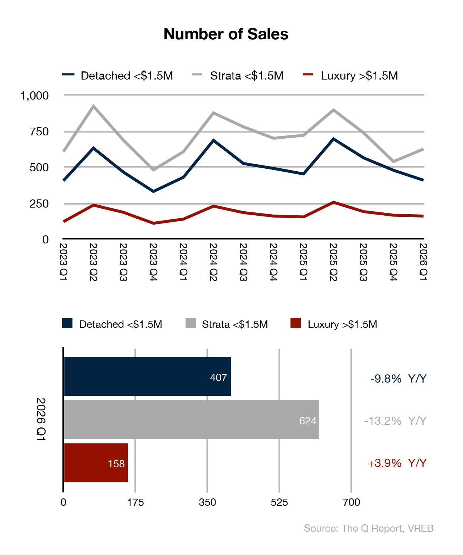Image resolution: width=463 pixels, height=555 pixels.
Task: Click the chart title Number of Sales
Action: [x=226, y=34]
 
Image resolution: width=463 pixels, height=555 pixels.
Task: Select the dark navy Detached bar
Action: [x=147, y=376]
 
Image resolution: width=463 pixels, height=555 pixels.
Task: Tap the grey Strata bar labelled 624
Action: [x=191, y=420]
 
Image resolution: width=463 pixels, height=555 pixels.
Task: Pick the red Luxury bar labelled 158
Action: [x=96, y=462]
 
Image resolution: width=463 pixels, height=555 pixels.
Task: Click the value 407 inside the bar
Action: [x=218, y=378]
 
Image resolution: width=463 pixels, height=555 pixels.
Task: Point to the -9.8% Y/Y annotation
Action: [x=398, y=379]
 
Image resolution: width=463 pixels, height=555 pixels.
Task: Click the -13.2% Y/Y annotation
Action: [x=395, y=421]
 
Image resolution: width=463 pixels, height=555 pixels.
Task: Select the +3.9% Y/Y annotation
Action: [x=397, y=463]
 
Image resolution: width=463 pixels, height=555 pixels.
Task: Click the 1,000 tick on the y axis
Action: [x=34, y=96]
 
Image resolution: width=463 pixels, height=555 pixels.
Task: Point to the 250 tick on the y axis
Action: [x=39, y=203]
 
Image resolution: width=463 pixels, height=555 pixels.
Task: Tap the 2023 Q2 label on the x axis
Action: [x=93, y=262]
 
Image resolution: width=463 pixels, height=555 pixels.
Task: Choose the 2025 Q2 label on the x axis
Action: [x=333, y=262]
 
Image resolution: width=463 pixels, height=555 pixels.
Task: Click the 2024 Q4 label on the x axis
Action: [x=273, y=262]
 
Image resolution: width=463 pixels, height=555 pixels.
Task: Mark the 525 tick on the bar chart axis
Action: [x=279, y=502]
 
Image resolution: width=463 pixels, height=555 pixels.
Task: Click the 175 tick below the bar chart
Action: [x=135, y=502]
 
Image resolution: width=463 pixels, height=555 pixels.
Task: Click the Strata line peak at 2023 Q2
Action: [x=93, y=106]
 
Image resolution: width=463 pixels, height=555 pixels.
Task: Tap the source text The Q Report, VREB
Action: [x=369, y=528]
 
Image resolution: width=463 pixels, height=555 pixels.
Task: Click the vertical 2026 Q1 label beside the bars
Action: [x=41, y=419]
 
